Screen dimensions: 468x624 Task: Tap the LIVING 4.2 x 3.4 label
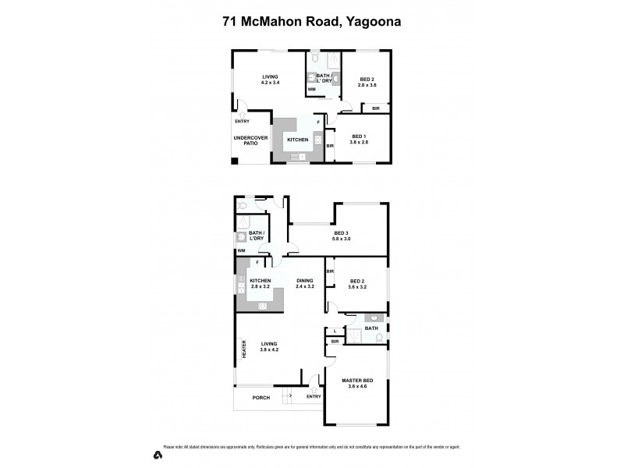(x=270, y=79)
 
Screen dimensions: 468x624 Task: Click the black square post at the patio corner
(x=235, y=161)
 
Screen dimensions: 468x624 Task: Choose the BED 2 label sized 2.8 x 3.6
(x=367, y=82)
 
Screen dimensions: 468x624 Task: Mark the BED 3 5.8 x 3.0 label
(x=342, y=236)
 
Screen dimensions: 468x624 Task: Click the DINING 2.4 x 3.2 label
(x=304, y=283)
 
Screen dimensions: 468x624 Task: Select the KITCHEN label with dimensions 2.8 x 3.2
(x=261, y=283)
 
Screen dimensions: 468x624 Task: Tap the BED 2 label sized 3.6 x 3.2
(x=358, y=283)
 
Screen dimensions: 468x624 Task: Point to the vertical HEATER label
(x=244, y=349)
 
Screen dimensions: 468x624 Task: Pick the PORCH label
(x=261, y=397)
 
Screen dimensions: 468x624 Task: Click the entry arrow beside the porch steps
(x=292, y=395)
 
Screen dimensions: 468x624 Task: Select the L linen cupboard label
(x=335, y=331)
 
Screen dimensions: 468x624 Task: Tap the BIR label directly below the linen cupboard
(x=335, y=341)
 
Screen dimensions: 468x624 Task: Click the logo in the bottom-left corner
(x=157, y=454)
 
